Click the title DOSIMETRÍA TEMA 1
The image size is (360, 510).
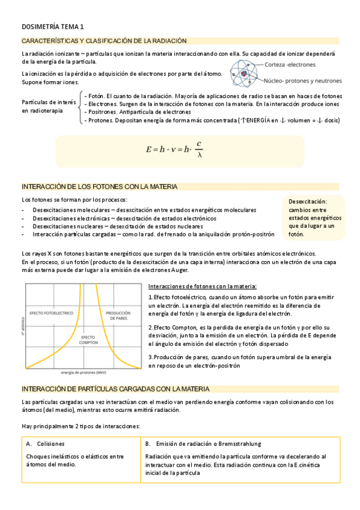tap(53, 27)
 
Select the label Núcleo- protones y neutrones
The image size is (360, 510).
tap(303, 80)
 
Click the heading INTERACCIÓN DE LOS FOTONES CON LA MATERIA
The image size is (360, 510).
tap(99, 187)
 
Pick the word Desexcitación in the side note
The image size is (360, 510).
tap(308, 201)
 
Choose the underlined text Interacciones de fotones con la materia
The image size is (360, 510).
tap(202, 286)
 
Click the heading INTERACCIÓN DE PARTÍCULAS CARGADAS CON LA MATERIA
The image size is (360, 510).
tap(115, 389)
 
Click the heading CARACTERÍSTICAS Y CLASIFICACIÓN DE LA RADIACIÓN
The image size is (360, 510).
tap(104, 41)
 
